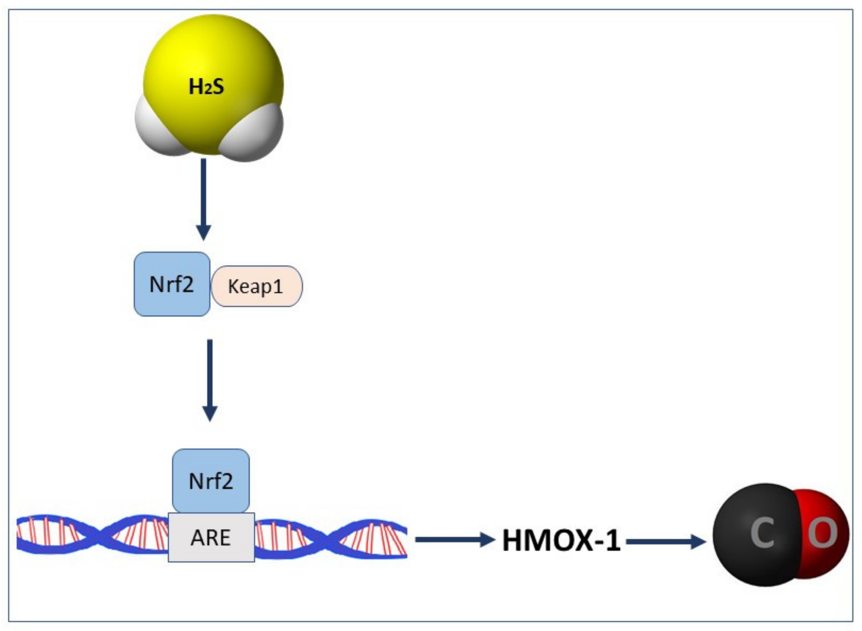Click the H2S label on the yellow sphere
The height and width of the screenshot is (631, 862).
pos(206,87)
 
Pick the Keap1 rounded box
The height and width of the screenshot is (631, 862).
pos(257,286)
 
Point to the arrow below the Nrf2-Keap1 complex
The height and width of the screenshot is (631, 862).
pos(210,378)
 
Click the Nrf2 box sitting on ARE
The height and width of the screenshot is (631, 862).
pos(211,481)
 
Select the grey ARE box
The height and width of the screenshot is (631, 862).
pos(211,537)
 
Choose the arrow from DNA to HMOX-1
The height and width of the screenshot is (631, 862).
pos(455,540)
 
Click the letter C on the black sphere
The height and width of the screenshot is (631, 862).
pos(762,533)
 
